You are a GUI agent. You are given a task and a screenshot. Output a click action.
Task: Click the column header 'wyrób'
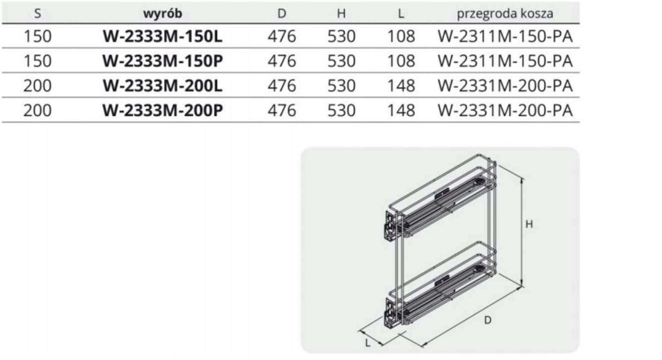(163, 13)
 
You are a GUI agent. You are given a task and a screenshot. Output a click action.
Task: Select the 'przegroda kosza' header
(505, 14)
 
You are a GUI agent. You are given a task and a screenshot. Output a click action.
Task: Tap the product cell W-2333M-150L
(163, 36)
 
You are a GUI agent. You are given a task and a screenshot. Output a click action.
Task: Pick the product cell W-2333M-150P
(163, 61)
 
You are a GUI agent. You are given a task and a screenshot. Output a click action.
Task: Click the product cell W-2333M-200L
(163, 86)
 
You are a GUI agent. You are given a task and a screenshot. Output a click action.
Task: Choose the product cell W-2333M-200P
(163, 111)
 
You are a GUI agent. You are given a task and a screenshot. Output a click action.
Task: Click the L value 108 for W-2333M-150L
(401, 36)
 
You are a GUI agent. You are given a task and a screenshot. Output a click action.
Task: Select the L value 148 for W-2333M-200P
(401, 111)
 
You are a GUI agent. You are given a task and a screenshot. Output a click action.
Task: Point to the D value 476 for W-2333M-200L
(282, 86)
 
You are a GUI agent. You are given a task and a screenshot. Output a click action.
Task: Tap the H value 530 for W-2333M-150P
(341, 61)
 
